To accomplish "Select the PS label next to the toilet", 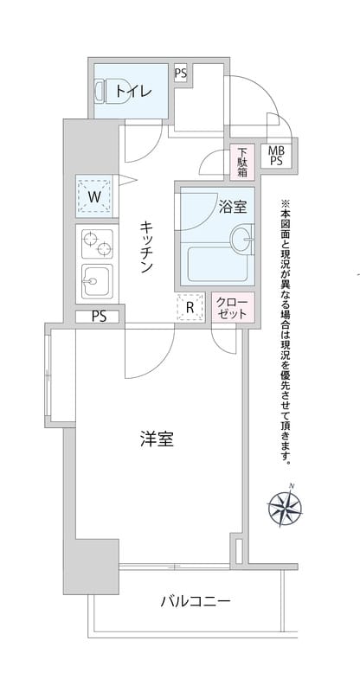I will coord(180,74).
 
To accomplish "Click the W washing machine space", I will coord(95,195).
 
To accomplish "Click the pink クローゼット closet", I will coord(233,307).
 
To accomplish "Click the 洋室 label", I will coord(157,439).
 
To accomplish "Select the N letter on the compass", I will coord(292,485).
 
